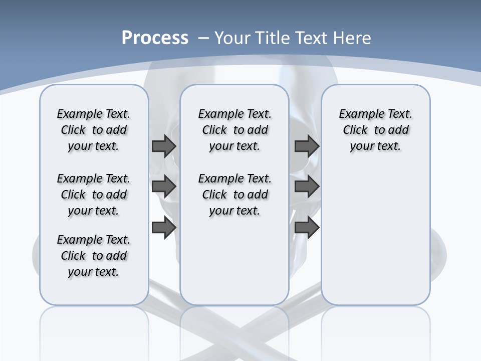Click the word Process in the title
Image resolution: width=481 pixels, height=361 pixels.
click(155, 38)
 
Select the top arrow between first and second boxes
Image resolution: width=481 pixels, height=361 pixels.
click(164, 146)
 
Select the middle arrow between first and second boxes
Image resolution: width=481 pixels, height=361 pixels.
click(164, 187)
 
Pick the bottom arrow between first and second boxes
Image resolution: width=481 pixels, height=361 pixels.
click(164, 228)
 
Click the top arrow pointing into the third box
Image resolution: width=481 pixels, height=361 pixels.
click(307, 146)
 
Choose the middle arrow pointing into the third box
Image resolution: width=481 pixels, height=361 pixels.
click(307, 187)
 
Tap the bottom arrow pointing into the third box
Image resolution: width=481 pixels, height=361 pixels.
click(307, 228)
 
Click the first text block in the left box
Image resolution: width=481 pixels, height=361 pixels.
click(94, 130)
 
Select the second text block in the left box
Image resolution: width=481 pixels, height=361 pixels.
click(94, 195)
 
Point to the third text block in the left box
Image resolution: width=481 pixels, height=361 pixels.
click(94, 256)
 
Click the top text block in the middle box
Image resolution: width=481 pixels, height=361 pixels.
click(234, 130)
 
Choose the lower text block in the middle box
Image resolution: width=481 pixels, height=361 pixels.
click(234, 195)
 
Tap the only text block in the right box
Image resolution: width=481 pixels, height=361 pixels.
click(375, 130)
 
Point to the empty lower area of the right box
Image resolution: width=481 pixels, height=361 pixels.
click(375, 236)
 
